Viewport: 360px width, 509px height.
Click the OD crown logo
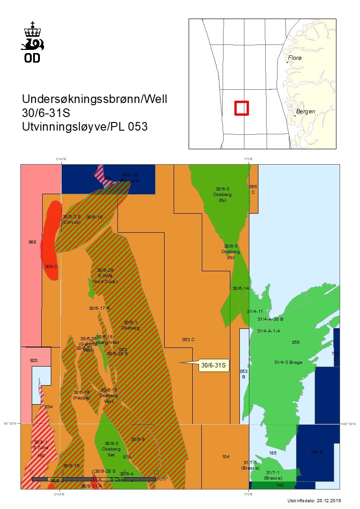click(33, 42)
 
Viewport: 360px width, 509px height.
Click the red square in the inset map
click(242, 108)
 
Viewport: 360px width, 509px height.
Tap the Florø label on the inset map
click(295, 59)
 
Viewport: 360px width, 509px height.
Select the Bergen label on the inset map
click(305, 112)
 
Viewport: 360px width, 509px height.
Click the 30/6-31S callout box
click(214, 365)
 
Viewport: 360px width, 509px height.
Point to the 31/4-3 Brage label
click(288, 362)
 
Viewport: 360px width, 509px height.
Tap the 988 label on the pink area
click(32, 242)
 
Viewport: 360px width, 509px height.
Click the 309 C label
click(51, 266)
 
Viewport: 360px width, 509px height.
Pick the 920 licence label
click(34, 361)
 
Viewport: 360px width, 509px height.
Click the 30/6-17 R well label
click(99, 308)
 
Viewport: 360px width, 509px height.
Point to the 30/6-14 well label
click(241, 288)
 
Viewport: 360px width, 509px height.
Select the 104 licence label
click(226, 456)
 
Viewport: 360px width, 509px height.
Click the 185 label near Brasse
click(273, 453)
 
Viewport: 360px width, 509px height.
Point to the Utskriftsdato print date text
click(313, 501)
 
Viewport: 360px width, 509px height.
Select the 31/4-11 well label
click(255, 312)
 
